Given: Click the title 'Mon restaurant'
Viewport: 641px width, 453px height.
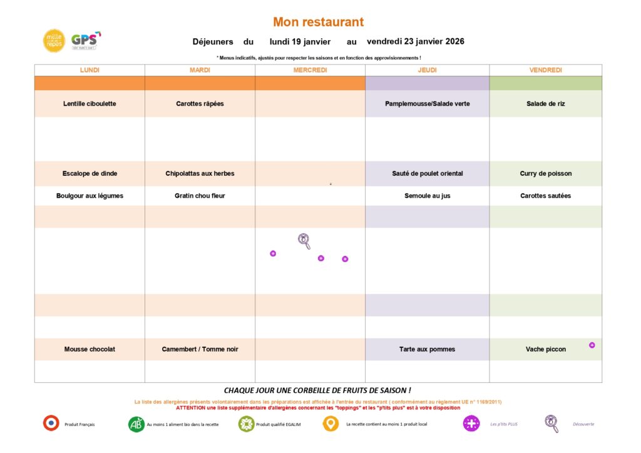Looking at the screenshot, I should click(x=318, y=23).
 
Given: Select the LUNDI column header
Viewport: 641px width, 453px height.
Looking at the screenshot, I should click(x=90, y=70).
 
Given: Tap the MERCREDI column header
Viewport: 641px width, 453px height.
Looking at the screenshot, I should click(x=310, y=70).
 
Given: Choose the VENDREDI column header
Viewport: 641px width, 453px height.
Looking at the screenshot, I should click(x=545, y=70).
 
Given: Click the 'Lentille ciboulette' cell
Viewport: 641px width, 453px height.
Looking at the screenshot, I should click(x=90, y=104).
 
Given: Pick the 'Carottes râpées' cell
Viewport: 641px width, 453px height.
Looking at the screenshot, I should click(x=200, y=104).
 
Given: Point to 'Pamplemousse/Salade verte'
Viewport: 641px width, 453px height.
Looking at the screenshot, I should click(x=427, y=104).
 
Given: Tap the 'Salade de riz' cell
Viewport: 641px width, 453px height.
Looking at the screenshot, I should click(x=545, y=104).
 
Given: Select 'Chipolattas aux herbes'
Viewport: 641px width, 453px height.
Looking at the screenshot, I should click(x=200, y=173).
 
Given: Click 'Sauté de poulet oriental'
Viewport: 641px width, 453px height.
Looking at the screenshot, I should click(x=427, y=173).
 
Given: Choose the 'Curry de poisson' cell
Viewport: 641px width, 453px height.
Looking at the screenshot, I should click(x=545, y=173).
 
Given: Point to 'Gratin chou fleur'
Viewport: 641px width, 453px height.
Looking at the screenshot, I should click(x=200, y=196).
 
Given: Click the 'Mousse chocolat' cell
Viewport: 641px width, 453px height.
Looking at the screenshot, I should click(x=90, y=349).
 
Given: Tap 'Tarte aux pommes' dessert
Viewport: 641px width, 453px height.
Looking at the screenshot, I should click(x=427, y=349).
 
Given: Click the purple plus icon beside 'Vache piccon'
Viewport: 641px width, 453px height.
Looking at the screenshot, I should click(x=592, y=345).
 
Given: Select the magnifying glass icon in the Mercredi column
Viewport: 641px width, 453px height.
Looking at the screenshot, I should click(x=304, y=240).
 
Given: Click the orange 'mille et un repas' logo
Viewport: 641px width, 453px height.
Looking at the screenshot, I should click(x=54, y=41).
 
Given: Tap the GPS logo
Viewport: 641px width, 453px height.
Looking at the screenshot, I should click(x=85, y=41).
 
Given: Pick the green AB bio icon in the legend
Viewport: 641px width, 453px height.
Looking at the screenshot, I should click(x=136, y=424).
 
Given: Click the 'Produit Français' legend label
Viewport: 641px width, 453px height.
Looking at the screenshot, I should click(x=79, y=424).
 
